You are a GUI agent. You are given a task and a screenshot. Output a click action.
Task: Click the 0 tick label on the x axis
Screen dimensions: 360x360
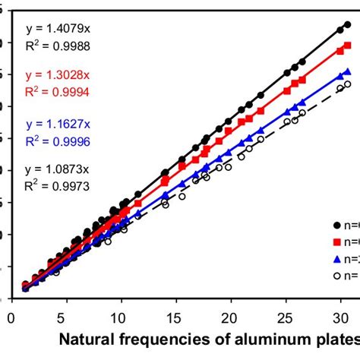[12, 312]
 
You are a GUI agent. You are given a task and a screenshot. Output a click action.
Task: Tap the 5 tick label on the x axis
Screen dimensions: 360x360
[67, 312]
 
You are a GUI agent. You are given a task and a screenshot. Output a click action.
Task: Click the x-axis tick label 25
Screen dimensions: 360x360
[286, 312]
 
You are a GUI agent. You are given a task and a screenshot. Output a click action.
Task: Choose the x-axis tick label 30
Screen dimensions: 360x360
[340, 312]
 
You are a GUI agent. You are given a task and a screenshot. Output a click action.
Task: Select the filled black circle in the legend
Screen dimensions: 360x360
[338, 225]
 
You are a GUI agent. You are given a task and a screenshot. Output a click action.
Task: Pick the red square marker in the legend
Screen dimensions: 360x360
[338, 242]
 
